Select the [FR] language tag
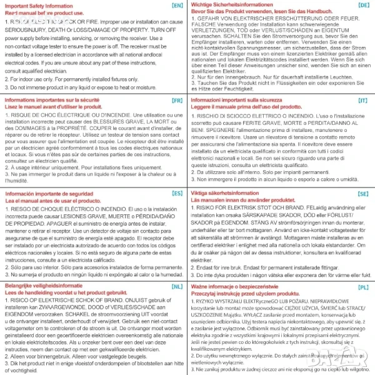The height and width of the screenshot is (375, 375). [x=177, y=99]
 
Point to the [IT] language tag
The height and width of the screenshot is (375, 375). [x=363, y=99]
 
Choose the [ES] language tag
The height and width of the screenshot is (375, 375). [x=177, y=194]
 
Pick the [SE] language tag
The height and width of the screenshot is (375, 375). [x=363, y=194]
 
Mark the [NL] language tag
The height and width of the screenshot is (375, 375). [x=177, y=286]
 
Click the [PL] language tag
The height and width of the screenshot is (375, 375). [x=363, y=286]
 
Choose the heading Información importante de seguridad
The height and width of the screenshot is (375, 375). [x=52, y=194]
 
